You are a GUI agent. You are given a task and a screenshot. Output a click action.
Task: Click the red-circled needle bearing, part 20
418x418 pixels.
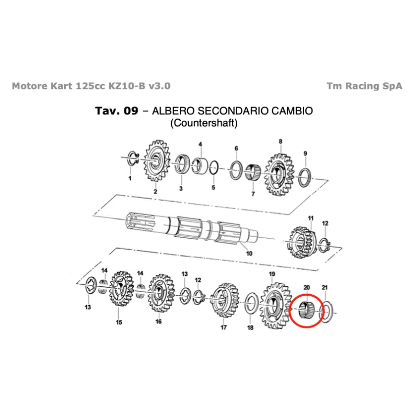(306, 310)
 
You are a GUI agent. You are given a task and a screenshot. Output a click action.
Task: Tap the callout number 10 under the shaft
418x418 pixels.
(249, 253)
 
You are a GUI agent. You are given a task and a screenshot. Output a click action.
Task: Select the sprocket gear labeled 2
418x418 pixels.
(157, 161)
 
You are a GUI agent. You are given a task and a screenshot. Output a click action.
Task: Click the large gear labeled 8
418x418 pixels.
(279, 175)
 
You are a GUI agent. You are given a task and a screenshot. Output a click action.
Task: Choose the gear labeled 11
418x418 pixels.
(303, 242)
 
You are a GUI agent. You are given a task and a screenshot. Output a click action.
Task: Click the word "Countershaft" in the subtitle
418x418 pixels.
(204, 123)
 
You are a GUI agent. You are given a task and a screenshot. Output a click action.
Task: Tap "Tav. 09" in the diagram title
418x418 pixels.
(117, 111)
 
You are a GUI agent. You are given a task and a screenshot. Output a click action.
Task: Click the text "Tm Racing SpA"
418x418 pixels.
(364, 86)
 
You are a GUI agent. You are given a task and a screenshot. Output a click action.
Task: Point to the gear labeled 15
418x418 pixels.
(121, 289)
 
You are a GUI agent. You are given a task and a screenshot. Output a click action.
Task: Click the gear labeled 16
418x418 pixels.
(161, 293)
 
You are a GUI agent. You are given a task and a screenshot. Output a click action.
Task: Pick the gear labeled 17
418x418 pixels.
(225, 300)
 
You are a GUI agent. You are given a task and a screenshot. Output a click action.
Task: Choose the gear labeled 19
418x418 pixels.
(275, 306)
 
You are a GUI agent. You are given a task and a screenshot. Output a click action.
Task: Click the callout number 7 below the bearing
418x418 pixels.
(253, 194)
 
